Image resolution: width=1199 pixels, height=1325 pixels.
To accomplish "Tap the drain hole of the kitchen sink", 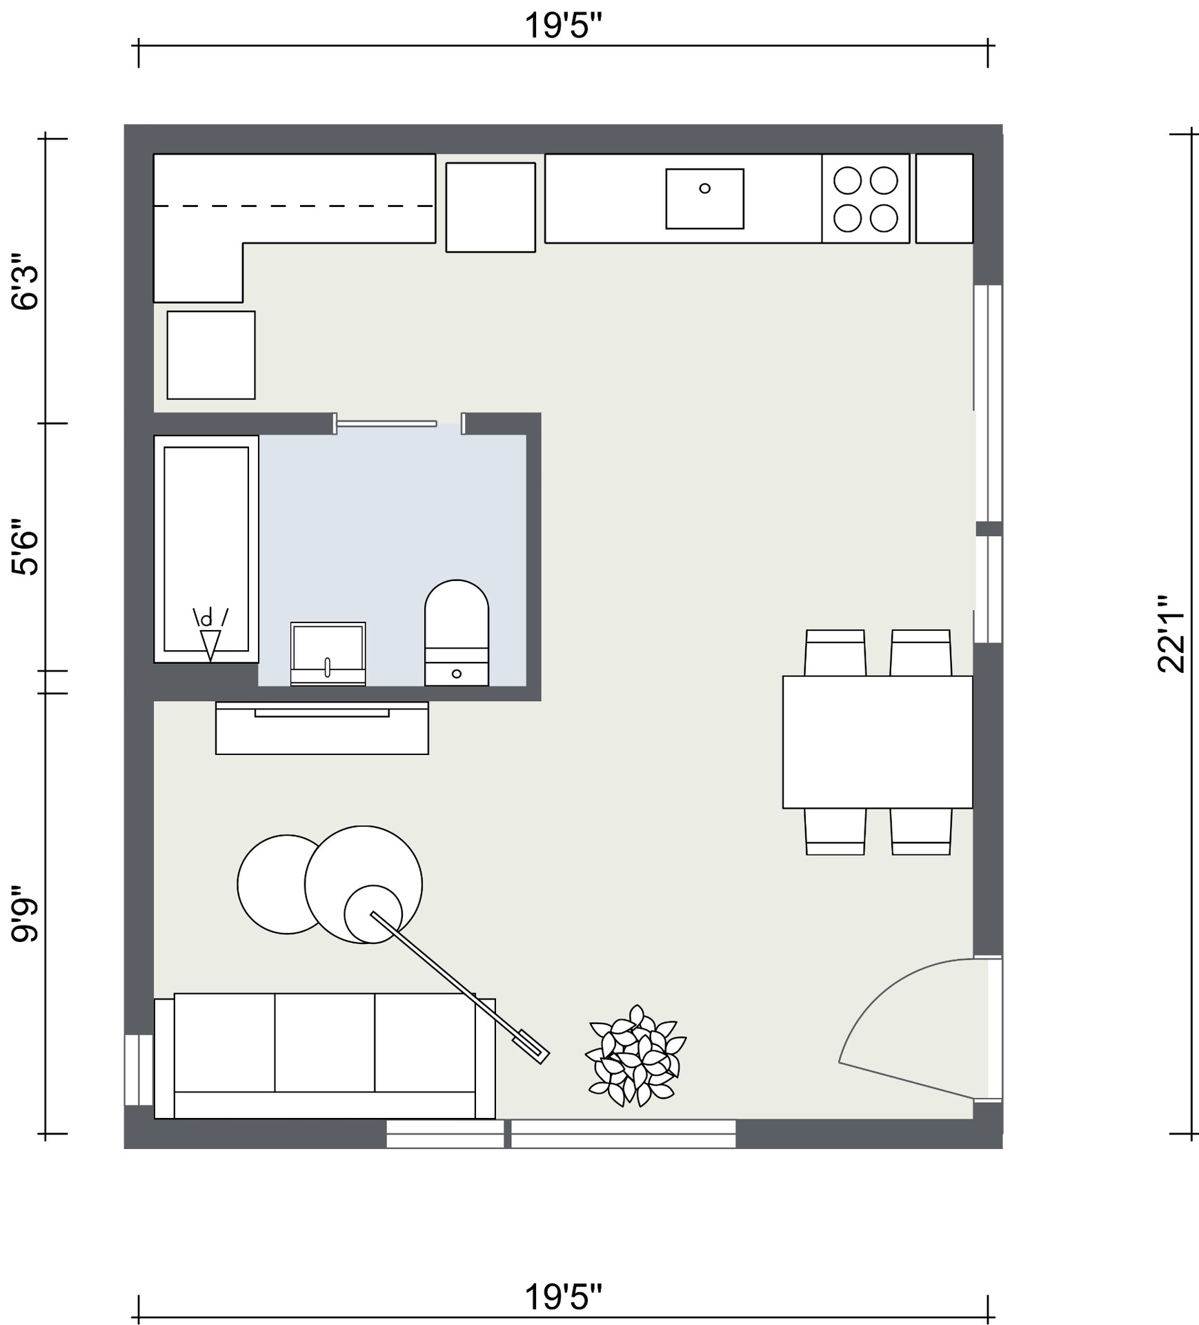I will (704, 188).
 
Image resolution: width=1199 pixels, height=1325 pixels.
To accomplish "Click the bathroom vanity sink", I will (328, 653).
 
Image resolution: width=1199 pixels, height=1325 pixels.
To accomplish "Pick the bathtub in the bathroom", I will (206, 549).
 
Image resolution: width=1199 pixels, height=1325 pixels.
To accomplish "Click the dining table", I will (877, 741).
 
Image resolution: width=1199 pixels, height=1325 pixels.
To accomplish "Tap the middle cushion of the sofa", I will (324, 1042).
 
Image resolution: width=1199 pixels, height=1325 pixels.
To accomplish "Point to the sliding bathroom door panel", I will (386, 423).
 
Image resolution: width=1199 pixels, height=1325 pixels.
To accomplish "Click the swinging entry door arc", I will (890, 994).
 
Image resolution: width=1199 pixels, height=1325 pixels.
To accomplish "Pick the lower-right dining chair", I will (921, 832).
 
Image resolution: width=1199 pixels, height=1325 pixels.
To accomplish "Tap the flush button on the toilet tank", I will (456, 674).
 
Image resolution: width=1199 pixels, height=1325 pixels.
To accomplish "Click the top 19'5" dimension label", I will (563, 26).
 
